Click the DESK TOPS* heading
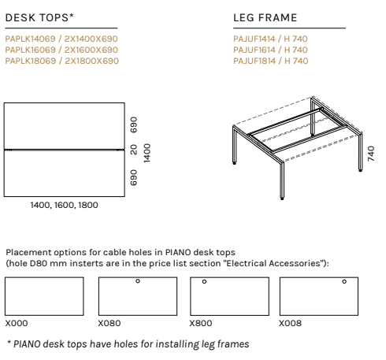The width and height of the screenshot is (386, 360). click(39, 17)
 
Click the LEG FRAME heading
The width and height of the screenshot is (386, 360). click(265, 17)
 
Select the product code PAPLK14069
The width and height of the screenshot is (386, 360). click(30, 39)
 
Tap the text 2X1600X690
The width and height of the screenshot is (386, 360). click(91, 50)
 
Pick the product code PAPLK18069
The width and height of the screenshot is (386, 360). click(31, 61)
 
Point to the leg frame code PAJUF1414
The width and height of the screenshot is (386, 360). click(254, 39)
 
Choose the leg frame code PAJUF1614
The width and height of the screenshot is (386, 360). click(254, 50)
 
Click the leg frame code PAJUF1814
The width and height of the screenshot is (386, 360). click(254, 61)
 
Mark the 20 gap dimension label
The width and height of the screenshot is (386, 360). click(134, 150)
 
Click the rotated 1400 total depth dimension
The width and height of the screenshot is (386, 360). click(147, 153)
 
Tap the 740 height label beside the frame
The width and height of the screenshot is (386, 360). click(371, 154)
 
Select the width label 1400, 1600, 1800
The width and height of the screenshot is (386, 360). click(65, 205)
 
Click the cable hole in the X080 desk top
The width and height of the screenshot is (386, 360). click(138, 281)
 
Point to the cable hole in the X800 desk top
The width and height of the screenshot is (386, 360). click(204, 281)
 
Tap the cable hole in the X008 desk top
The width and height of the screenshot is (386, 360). click(344, 281)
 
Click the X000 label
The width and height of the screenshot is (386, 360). click(17, 323)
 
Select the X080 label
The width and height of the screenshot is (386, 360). click(109, 323)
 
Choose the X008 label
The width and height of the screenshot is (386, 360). click(290, 323)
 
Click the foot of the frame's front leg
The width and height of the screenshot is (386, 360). click(282, 199)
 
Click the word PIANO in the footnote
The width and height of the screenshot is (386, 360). click(27, 344)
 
